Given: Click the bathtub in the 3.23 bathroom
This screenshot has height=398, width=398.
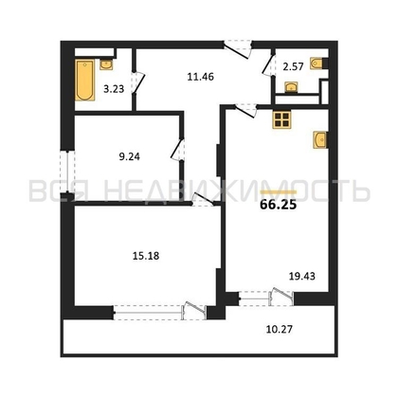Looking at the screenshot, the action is (x=85, y=81).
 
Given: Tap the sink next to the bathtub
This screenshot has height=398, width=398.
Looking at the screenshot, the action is (x=106, y=64).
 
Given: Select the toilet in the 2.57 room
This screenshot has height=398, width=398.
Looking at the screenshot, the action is (x=318, y=63).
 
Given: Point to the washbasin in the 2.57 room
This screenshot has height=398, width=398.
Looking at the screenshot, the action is (x=291, y=87).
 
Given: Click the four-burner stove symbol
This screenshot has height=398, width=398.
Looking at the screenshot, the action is (x=281, y=120).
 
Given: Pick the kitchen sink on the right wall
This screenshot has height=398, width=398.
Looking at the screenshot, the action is (x=320, y=139).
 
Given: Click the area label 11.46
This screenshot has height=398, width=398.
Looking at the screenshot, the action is (x=201, y=77).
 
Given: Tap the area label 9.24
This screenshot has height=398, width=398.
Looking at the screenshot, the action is (x=130, y=156).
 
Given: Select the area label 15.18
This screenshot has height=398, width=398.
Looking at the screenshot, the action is (x=146, y=256).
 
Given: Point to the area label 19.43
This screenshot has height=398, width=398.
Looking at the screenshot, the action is (x=302, y=277).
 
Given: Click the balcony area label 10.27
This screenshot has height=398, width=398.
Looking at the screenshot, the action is (x=280, y=329).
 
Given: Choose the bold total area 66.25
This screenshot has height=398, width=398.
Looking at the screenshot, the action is (x=279, y=205).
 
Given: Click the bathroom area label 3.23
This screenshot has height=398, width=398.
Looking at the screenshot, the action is (x=114, y=89).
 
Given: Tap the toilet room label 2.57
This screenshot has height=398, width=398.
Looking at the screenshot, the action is (x=293, y=66).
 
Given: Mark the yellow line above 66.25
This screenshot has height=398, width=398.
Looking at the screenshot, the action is (x=279, y=191).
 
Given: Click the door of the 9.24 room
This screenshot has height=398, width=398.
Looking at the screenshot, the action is (x=178, y=150).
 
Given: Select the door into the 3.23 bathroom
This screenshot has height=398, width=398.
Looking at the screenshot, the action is (x=138, y=82).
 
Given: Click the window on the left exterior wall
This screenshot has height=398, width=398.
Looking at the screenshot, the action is (x=67, y=172).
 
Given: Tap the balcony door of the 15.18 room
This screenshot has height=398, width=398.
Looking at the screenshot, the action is (x=194, y=311).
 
